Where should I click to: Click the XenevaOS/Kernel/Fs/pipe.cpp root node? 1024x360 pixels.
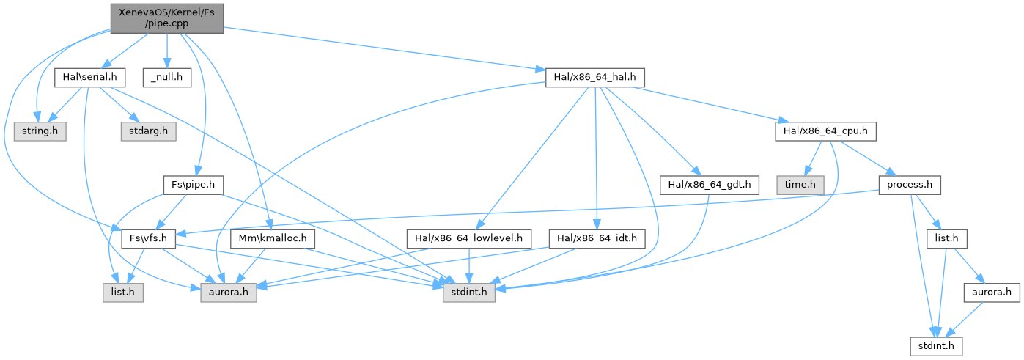[x=166, y=18]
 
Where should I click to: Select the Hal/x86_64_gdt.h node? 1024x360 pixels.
[x=708, y=185]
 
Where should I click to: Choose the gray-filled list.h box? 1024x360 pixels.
[x=123, y=293]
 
